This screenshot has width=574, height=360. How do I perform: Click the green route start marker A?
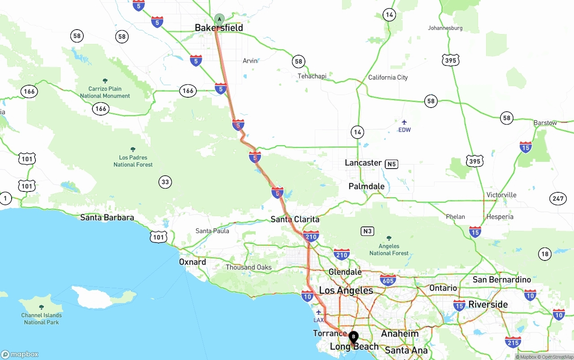tap(219, 19)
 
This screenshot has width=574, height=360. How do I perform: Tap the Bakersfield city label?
tap(219, 28)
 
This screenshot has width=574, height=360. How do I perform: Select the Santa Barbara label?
tap(107, 217)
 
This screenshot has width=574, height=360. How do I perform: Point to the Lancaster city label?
tap(363, 163)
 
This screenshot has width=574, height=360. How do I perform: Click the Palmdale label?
tap(367, 186)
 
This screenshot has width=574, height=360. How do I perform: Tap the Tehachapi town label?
tap(312, 76)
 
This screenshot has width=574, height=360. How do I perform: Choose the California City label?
tap(388, 78)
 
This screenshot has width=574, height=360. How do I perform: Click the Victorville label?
tap(501, 195)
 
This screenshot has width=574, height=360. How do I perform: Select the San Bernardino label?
tap(501, 280)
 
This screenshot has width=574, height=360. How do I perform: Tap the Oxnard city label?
tap(192, 262)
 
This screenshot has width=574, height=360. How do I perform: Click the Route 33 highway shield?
tap(165, 182)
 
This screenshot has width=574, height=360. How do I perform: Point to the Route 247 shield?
tap(558, 199)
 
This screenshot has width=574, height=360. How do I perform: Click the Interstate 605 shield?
tap(388, 281)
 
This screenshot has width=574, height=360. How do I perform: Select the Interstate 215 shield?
tap(513, 343)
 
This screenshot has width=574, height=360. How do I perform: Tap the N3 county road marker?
tap(367, 231)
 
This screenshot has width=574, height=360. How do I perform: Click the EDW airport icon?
tap(404, 122)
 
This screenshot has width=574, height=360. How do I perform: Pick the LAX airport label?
tap(318, 320)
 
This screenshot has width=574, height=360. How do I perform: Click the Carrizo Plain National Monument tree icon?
tap(105, 81)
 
